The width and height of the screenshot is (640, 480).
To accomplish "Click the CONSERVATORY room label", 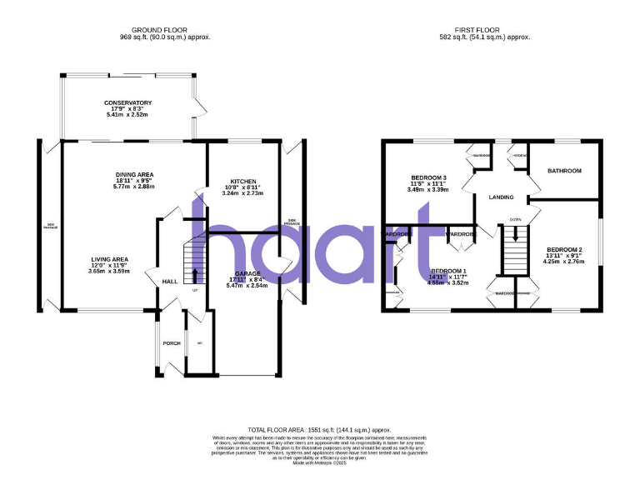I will coord(128,102).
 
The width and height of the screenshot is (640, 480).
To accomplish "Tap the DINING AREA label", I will coord(135,173).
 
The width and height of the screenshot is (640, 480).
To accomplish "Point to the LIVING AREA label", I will coord(110,259).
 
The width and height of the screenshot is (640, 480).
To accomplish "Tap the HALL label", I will coord(170,282).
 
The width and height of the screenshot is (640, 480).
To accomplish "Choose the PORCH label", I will coord(172,343).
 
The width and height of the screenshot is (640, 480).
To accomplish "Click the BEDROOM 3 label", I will coord(428,177).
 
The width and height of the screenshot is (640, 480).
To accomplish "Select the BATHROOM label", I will coord(564,171).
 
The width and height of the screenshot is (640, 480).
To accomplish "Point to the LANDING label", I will coord(501,197).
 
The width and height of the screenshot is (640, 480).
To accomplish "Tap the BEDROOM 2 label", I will coord(564,250).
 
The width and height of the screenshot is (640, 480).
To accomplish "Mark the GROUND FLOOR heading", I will coord(165,31).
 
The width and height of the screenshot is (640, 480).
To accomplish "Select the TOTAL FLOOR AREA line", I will coord(320,429).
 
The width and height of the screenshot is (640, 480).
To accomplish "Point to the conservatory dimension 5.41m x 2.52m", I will coord(127,114).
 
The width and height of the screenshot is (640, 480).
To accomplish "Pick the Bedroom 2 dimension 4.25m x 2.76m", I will coord(564,262).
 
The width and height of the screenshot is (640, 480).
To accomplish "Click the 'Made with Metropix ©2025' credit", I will coord(320,463).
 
